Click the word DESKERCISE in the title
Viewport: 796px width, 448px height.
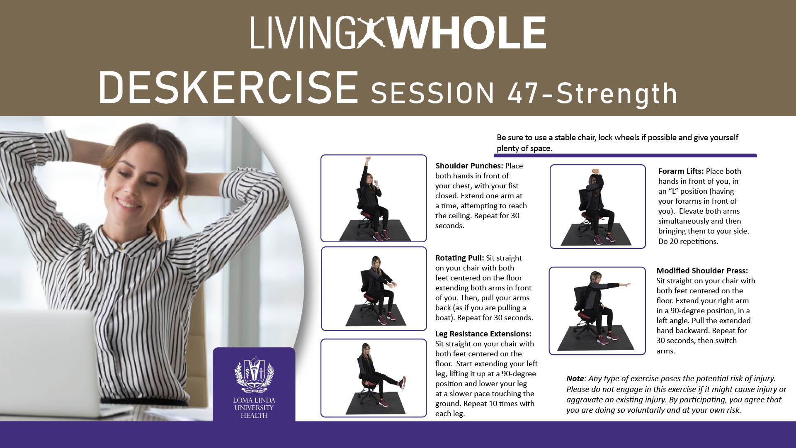228,88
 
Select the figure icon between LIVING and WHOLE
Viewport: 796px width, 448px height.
372,33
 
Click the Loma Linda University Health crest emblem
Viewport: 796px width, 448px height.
254,374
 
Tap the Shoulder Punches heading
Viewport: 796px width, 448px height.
469,166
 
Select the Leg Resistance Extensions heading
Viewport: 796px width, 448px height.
483,334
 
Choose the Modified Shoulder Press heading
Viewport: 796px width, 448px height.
702,270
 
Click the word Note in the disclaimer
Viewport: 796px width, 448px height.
575,378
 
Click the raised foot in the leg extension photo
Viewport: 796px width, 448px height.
402,382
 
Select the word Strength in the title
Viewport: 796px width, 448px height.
616,93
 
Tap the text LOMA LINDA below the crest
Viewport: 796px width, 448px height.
254,400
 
